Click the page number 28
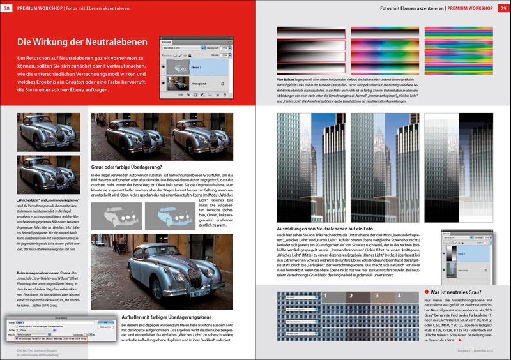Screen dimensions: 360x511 [7, 8]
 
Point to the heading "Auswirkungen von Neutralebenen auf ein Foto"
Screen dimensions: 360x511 [333, 227]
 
